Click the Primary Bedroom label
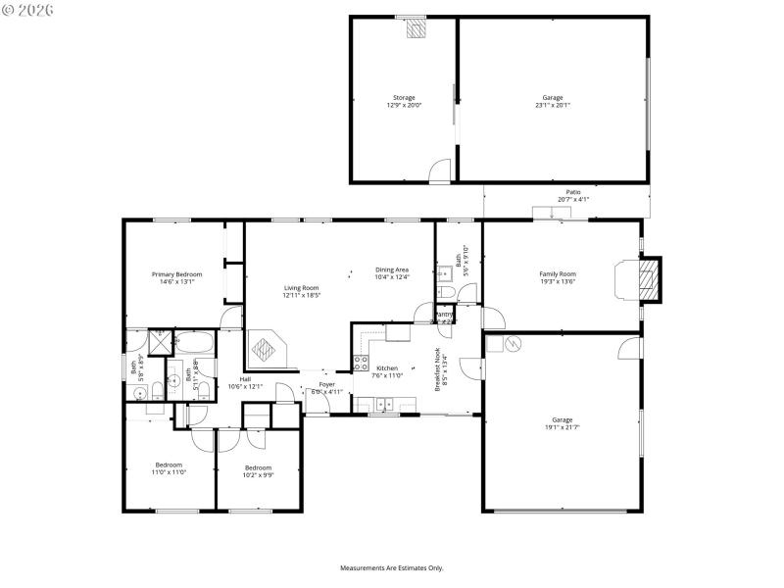pos(176,274)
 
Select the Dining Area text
pos(391,269)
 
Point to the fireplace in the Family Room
pos(646,280)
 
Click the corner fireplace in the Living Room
pos(267,347)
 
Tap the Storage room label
pos(404,98)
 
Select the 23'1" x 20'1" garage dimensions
pos(553,105)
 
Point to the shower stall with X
pos(160,342)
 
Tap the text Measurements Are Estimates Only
pos(392,567)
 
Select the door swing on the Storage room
pos(441,171)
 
